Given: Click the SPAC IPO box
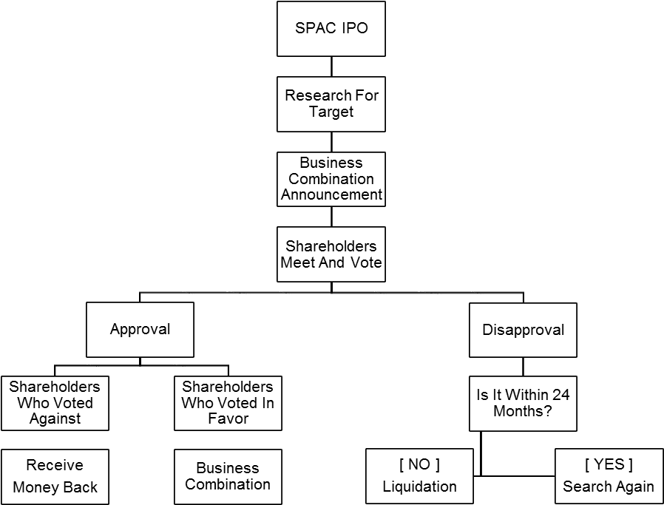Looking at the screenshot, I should coord(331,30).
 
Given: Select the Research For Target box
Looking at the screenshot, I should coord(331,104).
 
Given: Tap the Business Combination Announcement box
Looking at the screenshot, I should coord(331,179).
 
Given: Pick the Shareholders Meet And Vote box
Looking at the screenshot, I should coord(331,254).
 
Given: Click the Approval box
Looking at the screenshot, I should coord(140,330).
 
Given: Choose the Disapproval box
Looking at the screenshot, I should coord(523,330).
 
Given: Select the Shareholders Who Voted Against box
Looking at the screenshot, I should coord(55,403).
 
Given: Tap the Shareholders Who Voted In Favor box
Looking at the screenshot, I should coord(228,403).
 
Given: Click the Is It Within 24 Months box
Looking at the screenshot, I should coord(523,403).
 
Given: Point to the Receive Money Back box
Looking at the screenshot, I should coord(55,476).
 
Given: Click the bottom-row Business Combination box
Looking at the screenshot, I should coord(228,476).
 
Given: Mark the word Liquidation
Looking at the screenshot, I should coord(419,487).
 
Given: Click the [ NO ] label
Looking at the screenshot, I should coord(419,465).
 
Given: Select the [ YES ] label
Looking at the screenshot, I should coord(609,465).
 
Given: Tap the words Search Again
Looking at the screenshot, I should coord(609,487).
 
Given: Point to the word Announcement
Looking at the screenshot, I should coord(331,195).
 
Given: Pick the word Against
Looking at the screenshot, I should coord(55,419).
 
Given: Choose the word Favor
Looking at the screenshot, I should coord(228,419).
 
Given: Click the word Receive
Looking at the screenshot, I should coord(55,466).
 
